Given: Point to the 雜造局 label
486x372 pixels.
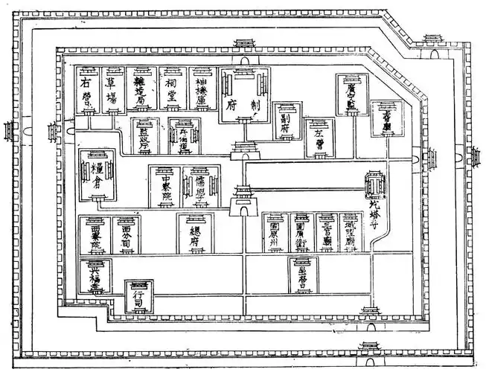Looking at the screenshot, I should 141,91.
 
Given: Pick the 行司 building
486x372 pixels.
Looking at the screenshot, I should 138,297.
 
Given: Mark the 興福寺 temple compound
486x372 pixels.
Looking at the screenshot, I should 95,275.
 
